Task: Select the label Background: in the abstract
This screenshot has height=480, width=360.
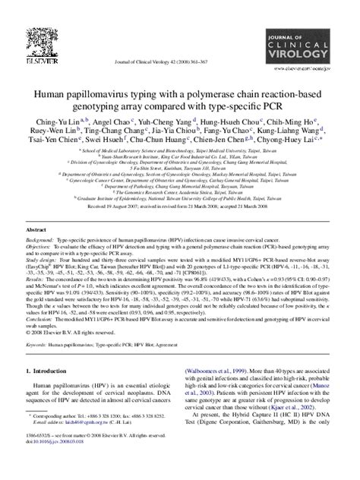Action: click(x=41, y=238)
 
